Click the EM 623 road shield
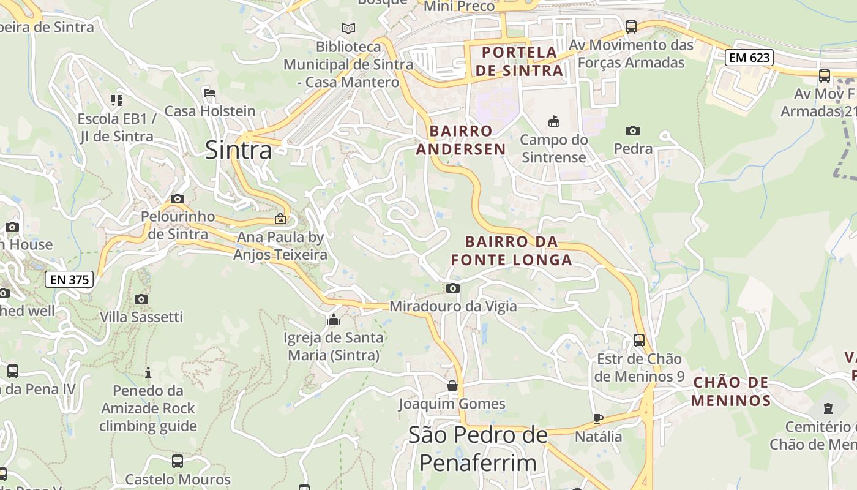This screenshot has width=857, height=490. (x=749, y=58)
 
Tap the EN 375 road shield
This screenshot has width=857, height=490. (x=69, y=280)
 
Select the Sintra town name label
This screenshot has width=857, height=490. (x=238, y=149)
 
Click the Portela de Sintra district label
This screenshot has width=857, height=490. (x=519, y=61)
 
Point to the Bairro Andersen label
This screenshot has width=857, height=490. (x=461, y=140)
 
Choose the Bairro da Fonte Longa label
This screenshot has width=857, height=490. (x=512, y=251)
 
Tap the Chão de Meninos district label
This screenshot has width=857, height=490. (x=731, y=391)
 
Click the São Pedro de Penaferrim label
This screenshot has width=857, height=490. (x=477, y=448)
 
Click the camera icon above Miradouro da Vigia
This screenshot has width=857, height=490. (x=453, y=288)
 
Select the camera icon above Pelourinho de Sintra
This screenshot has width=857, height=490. (x=178, y=198)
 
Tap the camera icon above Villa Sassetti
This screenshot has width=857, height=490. (x=141, y=299)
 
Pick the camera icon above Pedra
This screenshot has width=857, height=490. (x=633, y=130)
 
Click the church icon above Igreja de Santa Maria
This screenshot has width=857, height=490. (x=334, y=320)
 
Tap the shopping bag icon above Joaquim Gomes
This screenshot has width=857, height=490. (x=452, y=386)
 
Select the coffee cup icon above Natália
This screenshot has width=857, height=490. (x=598, y=418)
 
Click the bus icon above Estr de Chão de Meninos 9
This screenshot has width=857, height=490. (x=639, y=340)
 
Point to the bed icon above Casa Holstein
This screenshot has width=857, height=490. (x=210, y=94)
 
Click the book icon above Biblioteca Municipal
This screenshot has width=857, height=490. (x=348, y=28)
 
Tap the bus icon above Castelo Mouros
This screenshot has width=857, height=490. (x=178, y=461)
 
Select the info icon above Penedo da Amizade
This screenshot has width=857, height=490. (x=148, y=372)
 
